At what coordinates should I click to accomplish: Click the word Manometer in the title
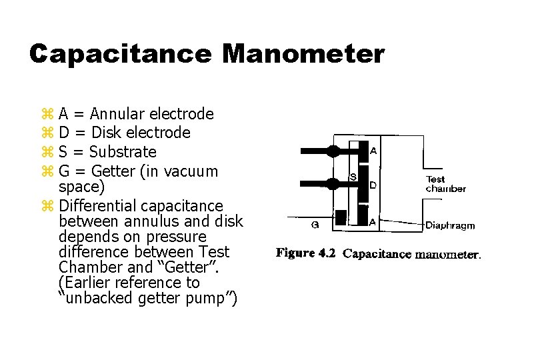click(303, 54)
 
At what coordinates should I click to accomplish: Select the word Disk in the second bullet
click(107, 133)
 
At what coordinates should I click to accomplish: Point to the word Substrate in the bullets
click(123, 152)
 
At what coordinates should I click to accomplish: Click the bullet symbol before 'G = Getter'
click(47, 171)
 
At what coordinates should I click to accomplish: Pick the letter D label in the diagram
click(373, 185)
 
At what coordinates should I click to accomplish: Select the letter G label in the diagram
click(315, 225)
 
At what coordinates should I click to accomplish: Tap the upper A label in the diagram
click(373, 151)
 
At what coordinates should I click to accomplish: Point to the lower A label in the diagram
click(373, 221)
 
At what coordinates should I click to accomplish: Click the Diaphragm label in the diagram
click(450, 225)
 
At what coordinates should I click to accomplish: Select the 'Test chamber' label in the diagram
click(445, 183)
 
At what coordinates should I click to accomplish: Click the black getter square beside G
click(341, 217)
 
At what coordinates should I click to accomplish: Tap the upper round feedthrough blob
click(333, 151)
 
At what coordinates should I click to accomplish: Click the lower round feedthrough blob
click(333, 183)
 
